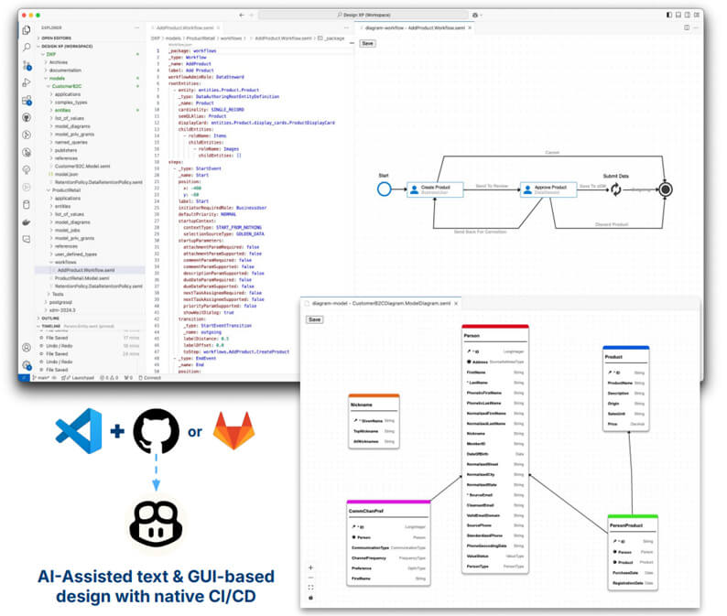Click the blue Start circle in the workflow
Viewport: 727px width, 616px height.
tap(385, 189)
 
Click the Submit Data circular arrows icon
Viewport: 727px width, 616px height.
tap(616, 189)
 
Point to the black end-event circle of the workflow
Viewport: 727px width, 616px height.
tap(666, 189)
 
